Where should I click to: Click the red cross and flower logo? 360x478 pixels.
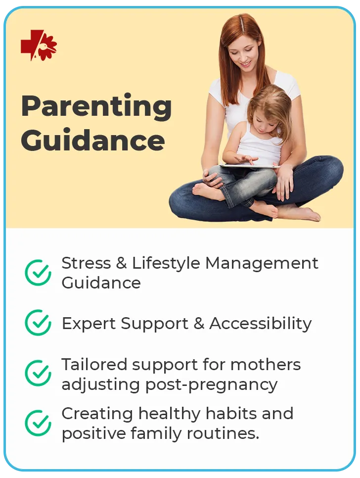click(x=39, y=45)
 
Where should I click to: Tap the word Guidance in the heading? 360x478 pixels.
click(x=93, y=140)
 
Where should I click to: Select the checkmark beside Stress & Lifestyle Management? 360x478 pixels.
click(x=38, y=273)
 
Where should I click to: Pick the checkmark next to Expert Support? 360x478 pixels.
click(x=38, y=323)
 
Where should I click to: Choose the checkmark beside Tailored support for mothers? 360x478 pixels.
click(x=38, y=373)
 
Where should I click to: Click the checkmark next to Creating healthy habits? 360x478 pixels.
click(x=38, y=423)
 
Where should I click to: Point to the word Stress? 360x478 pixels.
click(x=86, y=263)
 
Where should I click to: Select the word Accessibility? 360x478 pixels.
click(x=261, y=324)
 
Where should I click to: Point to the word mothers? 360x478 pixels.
click(x=266, y=365)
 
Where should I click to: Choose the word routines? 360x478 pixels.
click(x=223, y=433)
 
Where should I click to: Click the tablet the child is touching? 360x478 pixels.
click(x=250, y=166)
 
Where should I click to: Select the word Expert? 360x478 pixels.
click(x=89, y=324)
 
